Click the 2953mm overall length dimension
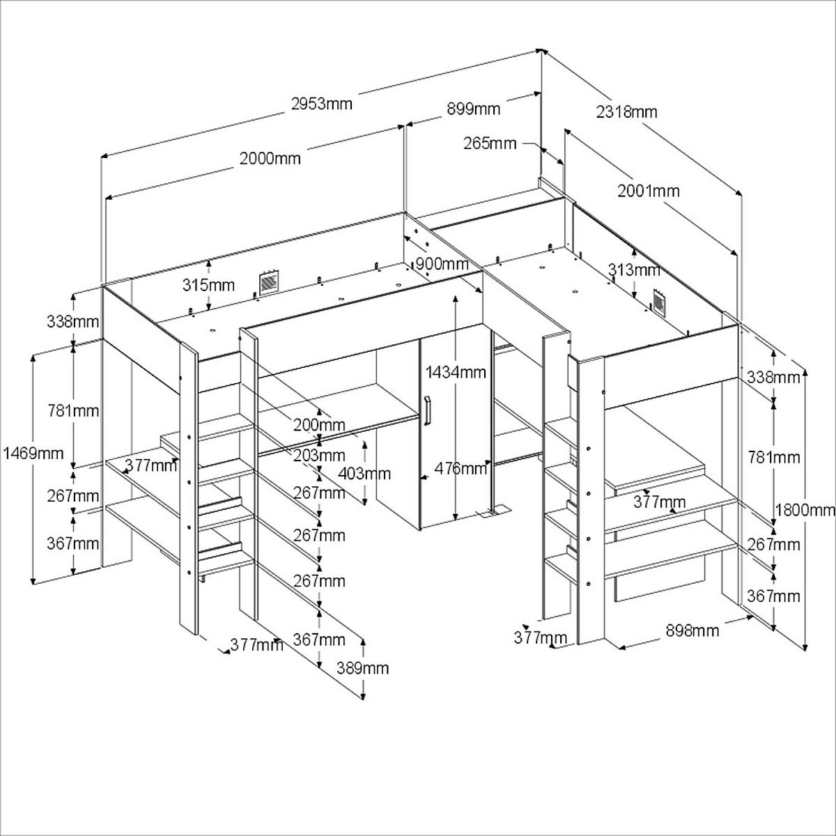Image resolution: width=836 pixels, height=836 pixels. (x=322, y=104)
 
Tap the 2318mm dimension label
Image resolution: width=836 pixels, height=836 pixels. (x=627, y=111)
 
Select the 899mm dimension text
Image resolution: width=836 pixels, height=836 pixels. (x=473, y=108)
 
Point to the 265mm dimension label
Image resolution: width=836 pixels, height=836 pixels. (x=490, y=143)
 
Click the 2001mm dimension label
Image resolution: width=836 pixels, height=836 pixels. (x=649, y=190)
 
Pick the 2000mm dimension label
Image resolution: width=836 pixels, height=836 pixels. (x=270, y=158)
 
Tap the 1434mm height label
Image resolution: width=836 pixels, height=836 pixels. (x=456, y=371)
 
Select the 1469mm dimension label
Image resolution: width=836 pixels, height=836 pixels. (x=32, y=454)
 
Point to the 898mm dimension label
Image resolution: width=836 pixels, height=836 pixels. (x=692, y=630)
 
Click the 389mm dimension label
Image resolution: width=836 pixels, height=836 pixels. (x=362, y=668)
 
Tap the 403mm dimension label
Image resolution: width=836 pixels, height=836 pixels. (x=364, y=473)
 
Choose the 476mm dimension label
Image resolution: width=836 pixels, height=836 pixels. (x=460, y=468)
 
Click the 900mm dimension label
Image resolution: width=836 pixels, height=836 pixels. (x=442, y=264)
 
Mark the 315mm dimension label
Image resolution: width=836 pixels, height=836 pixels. (x=208, y=285)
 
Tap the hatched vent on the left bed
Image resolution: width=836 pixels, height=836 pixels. (x=268, y=282)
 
